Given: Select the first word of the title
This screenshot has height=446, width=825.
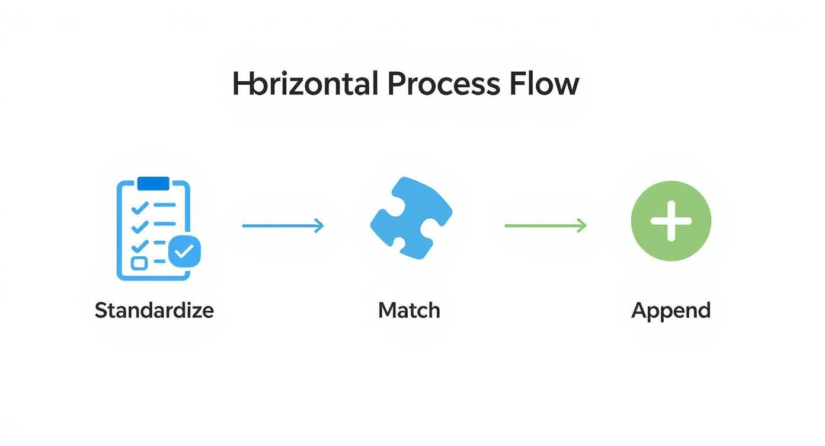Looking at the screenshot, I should (305, 84).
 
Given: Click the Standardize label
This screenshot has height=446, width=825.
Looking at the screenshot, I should (154, 310).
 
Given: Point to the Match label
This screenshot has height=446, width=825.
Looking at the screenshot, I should (409, 310).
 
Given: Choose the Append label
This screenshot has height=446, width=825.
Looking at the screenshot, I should (671, 310).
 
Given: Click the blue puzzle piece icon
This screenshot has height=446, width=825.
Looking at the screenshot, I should (411, 218).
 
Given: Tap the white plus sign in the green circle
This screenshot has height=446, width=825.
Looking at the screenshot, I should (671, 221).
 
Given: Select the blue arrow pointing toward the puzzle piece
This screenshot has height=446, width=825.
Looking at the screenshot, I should (283, 225).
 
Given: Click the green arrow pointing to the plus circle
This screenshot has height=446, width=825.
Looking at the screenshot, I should (545, 225).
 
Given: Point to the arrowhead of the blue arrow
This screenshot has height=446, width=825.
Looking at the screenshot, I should (320, 225).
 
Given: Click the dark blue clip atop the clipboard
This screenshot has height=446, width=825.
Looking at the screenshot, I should (153, 184).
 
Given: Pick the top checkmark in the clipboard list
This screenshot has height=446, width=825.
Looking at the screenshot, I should (140, 207).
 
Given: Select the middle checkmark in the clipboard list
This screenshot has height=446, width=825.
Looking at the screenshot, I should (140, 226).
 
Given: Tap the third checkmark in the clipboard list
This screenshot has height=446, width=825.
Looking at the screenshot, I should (140, 245).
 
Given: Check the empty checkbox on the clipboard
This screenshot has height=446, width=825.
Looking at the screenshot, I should (139, 263).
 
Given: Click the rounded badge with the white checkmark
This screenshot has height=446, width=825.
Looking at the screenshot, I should (184, 252).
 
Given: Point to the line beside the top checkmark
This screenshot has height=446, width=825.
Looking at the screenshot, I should (165, 205).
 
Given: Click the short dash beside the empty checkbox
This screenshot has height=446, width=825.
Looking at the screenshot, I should (159, 262).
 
